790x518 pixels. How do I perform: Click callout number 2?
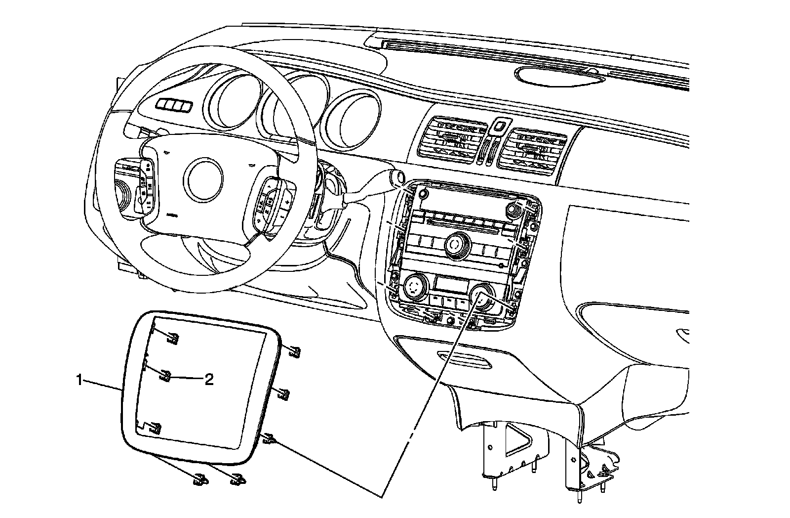[x=209, y=380]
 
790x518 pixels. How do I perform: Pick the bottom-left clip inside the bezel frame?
[x=156, y=428]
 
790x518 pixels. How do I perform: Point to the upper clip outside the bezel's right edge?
[x=294, y=351]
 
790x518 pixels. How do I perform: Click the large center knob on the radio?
[x=456, y=245]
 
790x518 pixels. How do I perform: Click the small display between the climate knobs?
[x=451, y=285]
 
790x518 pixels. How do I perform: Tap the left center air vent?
[x=451, y=139]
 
